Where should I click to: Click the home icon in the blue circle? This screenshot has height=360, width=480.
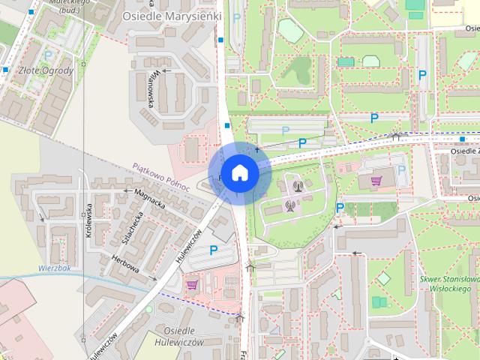[239, 172]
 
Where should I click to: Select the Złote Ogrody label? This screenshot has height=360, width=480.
[45, 71]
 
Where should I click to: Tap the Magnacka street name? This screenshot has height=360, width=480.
[148, 197]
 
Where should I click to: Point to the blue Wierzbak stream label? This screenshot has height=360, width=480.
[55, 267]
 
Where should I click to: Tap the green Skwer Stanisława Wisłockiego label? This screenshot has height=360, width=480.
[450, 285]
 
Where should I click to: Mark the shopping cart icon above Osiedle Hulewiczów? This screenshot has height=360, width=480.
[192, 284]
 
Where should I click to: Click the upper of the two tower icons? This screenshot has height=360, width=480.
[298, 185]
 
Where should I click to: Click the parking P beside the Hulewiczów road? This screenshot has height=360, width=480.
[213, 250]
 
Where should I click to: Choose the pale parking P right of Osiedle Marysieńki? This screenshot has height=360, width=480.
[237, 17]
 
